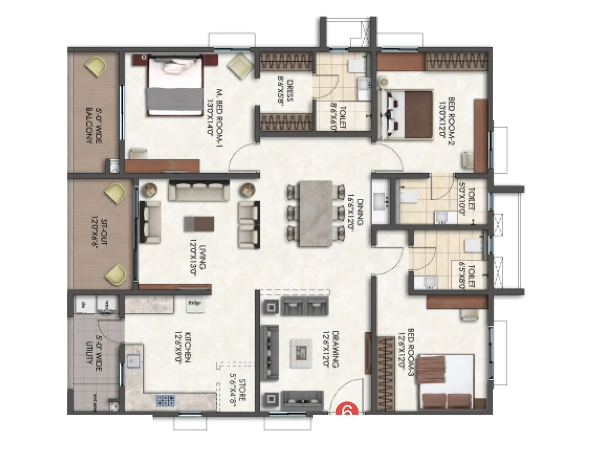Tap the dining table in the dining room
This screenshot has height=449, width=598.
click(x=316, y=214)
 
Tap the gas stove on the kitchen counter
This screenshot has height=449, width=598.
click(x=166, y=400)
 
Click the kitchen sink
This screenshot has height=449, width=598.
click(x=132, y=361)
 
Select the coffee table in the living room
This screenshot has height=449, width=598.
click(x=199, y=224)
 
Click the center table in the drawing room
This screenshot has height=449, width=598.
click(x=301, y=352)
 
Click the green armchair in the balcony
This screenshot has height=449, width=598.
click(x=96, y=66)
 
